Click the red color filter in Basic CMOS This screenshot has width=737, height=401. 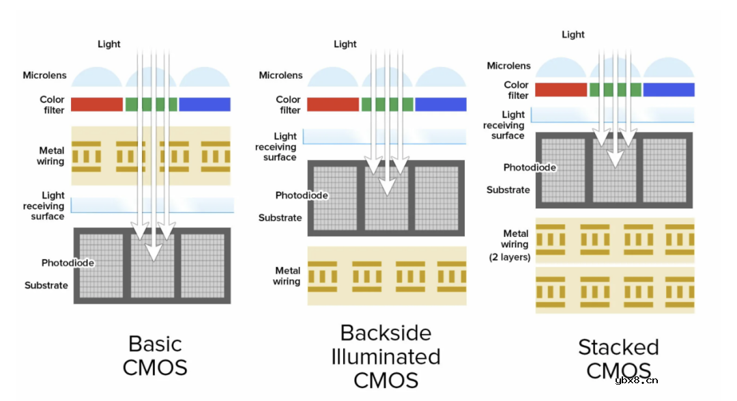[96, 105]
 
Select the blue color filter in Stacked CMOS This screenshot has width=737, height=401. [668, 89]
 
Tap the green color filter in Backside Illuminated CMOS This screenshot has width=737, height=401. [387, 105]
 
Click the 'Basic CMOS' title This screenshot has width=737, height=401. [155, 355]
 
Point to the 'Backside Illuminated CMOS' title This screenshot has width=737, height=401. [386, 356]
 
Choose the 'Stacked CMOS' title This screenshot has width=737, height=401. [618, 358]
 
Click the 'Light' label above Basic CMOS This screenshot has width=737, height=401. [109, 44]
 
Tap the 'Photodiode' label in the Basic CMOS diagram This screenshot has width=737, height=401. [68, 263]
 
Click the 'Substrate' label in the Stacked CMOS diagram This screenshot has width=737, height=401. [508, 190]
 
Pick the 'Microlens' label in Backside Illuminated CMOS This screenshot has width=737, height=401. [280, 75]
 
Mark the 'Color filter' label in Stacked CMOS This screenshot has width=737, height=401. [517, 90]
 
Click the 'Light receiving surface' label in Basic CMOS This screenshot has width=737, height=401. [44, 206]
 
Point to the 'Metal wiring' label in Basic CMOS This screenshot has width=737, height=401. [51, 156]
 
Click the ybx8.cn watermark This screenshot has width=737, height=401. [635, 381]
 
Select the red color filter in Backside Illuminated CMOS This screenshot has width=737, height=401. [332, 105]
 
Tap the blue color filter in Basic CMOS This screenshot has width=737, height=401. [204, 105]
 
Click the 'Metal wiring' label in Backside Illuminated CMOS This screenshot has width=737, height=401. [287, 276]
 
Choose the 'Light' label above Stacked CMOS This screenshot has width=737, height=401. [573, 34]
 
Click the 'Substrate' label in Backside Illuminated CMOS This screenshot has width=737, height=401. [280, 218]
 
